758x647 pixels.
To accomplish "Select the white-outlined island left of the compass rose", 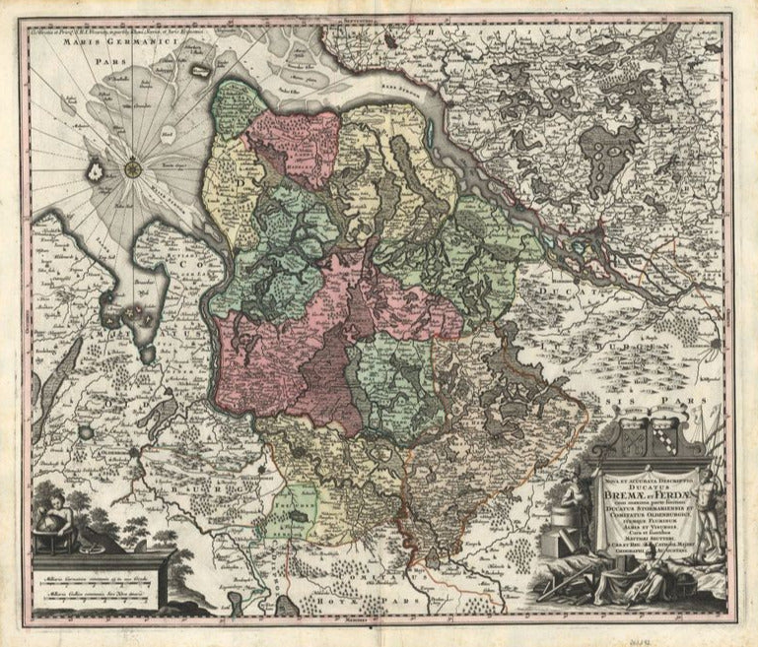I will click(95, 170).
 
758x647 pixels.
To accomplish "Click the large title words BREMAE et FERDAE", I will click(642, 492).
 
